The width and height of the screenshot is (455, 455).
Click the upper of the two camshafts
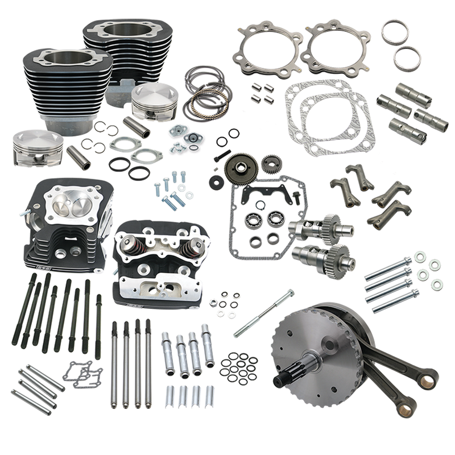pos(315,229)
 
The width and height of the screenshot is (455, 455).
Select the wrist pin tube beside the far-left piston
pos(78,158)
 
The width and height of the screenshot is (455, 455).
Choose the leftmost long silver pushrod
pos(114,364)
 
